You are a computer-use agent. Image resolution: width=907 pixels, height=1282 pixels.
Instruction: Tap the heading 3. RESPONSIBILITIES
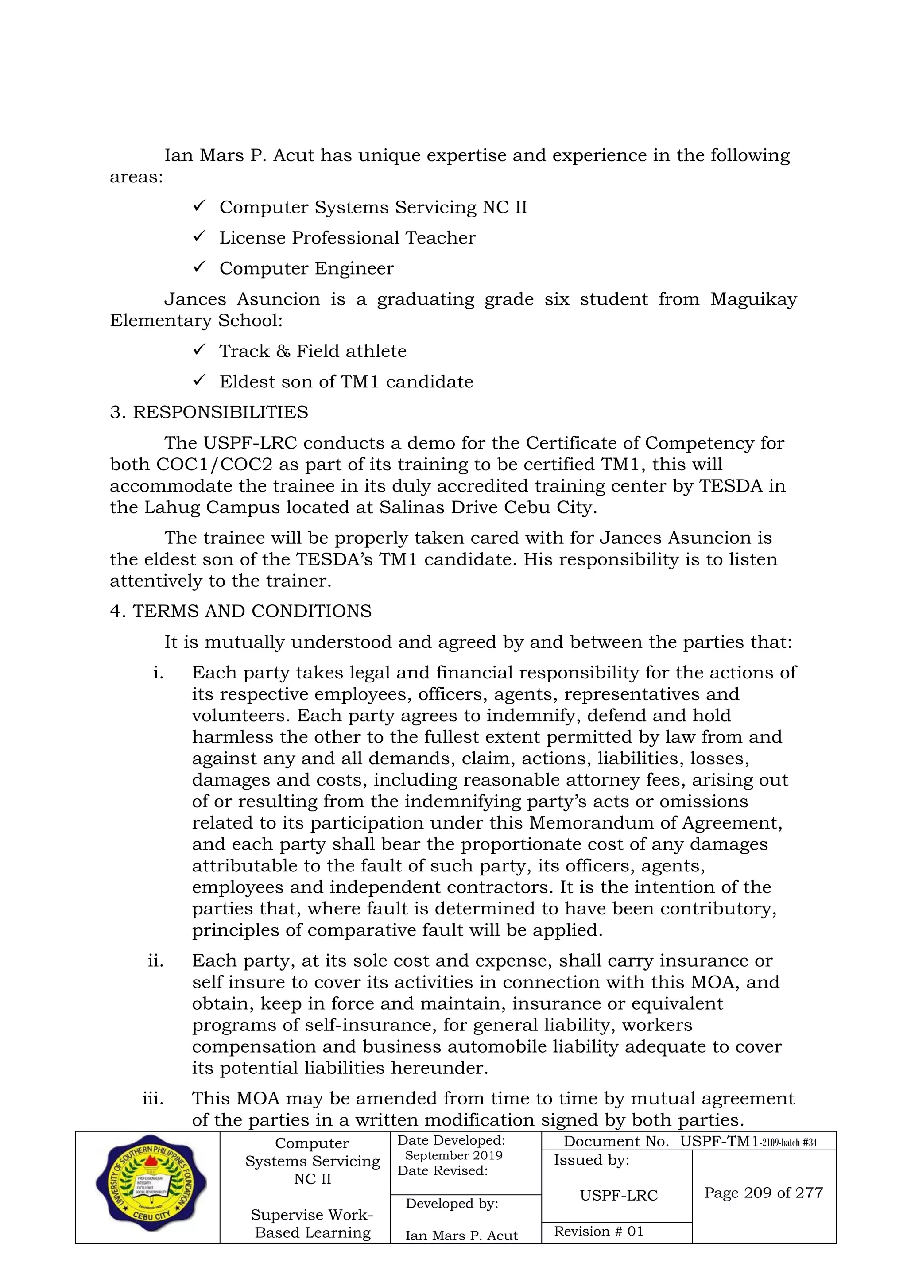[209, 412]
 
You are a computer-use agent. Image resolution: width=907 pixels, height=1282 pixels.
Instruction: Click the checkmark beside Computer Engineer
[199, 267]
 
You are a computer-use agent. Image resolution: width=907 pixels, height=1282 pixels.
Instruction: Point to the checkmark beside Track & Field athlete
[199, 350]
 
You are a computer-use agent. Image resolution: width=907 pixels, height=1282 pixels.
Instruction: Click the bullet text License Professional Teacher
[347, 238]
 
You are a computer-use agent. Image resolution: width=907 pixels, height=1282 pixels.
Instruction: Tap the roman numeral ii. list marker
[155, 961]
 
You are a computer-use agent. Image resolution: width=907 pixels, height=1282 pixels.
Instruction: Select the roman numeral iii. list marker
[153, 1098]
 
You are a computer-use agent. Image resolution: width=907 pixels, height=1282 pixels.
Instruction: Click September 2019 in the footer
[453, 1155]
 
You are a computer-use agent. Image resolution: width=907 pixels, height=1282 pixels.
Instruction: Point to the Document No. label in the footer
[616, 1141]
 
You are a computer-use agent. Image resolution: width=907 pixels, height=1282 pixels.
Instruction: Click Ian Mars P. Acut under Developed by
[461, 1236]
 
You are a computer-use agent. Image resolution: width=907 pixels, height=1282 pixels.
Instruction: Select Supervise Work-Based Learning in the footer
[312, 1224]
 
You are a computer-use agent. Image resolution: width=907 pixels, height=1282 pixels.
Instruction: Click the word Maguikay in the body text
[753, 299]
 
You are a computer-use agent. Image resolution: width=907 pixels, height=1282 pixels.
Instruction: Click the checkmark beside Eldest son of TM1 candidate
[199, 381]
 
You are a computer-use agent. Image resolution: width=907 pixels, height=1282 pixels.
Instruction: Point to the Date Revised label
[442, 1170]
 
